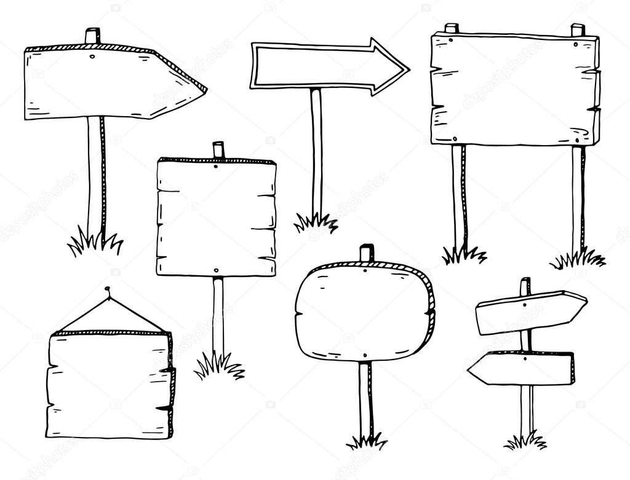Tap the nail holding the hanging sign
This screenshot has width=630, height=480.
coord(108,288)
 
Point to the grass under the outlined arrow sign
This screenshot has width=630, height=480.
coord(316,222)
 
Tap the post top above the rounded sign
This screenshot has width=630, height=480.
coord(367,252)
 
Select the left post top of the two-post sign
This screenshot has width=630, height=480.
coord(452,28)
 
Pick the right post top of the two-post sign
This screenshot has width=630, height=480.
coord(578,30)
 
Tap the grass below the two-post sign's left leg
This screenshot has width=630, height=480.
coord(463,254)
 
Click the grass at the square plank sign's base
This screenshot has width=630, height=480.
coord(219,366)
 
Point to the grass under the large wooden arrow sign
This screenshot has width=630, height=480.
coord(95,243)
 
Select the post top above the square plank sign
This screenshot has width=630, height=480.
coord(218,149)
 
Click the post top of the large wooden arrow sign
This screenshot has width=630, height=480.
coord(93,36)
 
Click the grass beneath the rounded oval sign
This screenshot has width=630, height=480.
coord(367,441)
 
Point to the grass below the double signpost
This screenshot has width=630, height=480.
coord(525,441)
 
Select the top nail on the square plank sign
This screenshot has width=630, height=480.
coord(217,165)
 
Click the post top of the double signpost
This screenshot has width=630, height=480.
coord(525,285)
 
